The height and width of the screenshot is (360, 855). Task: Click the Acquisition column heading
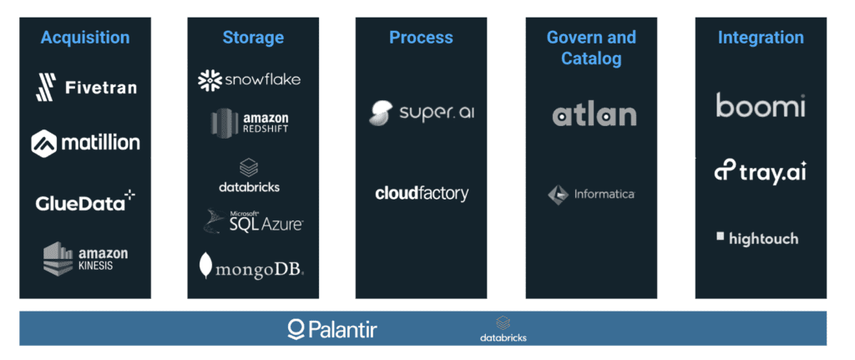85,38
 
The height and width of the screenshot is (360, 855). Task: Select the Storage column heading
253,38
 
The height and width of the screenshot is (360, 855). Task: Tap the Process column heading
421,38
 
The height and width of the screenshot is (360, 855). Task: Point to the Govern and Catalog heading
591,48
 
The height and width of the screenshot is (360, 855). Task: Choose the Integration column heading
761,38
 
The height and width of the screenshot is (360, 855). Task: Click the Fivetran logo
86,87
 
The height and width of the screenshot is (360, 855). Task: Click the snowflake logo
249,79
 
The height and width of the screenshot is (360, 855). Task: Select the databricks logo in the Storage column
250,175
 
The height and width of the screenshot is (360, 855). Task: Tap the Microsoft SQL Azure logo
254,221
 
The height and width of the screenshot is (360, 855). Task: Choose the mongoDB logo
251,266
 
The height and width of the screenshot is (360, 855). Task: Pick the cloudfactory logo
422,194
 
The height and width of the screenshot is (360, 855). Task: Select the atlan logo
594,114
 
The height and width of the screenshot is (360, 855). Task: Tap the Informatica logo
591,195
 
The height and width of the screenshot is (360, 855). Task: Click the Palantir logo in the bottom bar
331,329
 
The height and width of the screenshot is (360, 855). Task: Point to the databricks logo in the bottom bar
503,329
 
